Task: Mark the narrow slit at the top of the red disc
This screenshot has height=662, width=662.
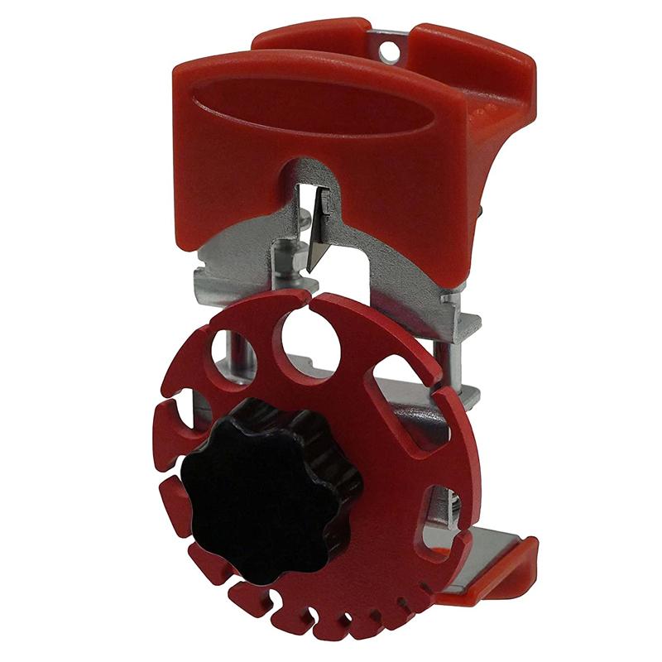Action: [307, 300]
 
